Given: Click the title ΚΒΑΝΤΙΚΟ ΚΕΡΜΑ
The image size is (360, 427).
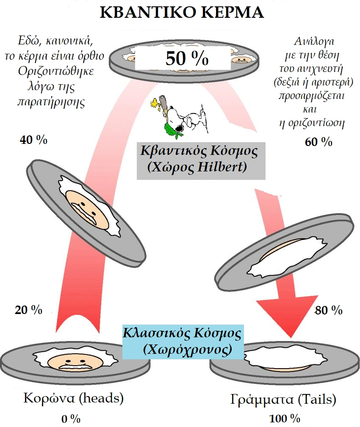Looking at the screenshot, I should click(182, 12).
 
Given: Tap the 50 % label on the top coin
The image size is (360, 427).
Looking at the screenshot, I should click(186, 59).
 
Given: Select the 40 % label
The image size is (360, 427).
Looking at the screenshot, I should click(33, 140).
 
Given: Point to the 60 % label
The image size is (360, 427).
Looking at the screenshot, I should click(318, 142).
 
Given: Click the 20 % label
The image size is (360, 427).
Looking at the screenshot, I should click(28, 310).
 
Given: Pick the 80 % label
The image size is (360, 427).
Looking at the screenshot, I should click(329, 311).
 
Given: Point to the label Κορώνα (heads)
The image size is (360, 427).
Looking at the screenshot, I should click(74, 399).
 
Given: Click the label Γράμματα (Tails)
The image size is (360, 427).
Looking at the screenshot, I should click(283, 399).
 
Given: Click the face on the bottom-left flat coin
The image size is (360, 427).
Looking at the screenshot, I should click(74, 361).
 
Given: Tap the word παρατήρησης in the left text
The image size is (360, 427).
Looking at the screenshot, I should click(50, 101).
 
